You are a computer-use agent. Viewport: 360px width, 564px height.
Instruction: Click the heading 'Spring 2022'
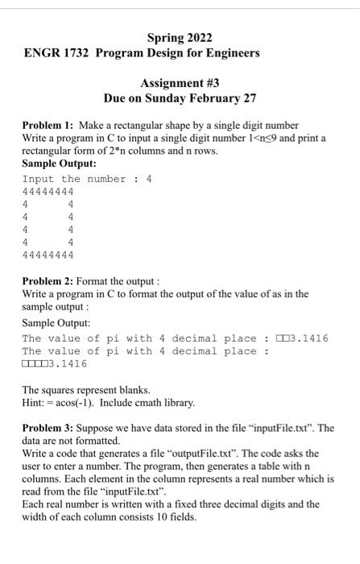coord(180,37)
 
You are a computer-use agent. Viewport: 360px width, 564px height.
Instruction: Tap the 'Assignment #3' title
coord(180,83)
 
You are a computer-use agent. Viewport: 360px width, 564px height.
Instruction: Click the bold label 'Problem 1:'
coord(48,126)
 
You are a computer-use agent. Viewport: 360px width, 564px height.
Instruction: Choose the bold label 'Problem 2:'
coord(48,282)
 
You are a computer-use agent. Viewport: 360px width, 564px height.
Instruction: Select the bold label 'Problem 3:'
coord(48,428)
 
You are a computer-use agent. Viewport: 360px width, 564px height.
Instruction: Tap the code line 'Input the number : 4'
coord(87,179)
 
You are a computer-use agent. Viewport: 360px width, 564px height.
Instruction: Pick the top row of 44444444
coord(48,192)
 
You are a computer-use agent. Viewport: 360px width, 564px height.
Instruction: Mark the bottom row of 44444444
coord(48,255)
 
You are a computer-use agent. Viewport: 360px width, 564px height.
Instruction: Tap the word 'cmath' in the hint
coord(148,402)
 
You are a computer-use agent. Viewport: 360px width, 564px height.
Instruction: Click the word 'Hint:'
coord(35,402)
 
